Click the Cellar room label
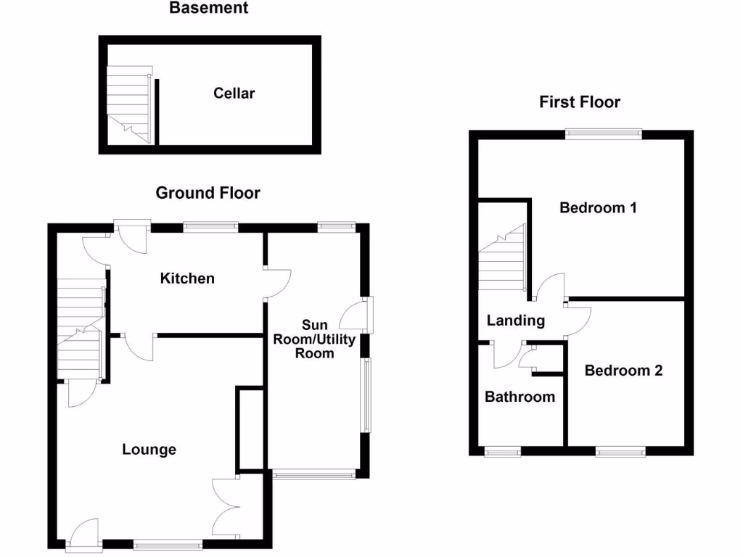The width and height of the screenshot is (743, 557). coord(234,94)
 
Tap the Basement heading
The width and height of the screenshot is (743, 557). coord(208,9)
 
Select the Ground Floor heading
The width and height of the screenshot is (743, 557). coord(208,193)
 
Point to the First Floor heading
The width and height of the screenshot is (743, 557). coord(579,102)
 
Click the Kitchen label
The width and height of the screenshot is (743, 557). coord(187,278)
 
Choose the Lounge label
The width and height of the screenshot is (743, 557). coord(149,450)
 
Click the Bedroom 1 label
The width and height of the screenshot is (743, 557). coord(598,208)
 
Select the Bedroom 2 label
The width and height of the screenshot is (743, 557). coord(623,371)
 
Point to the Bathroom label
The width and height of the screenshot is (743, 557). coord(520,397)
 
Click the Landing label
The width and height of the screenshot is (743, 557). coord(515,321)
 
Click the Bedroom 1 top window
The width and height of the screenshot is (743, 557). coord(604,133)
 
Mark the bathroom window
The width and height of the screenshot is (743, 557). coord(503,452)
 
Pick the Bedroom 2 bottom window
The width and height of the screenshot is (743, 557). coord(620,452)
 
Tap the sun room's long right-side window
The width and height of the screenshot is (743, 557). coord(367,395)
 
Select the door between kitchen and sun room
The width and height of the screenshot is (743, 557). coord(278,284)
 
